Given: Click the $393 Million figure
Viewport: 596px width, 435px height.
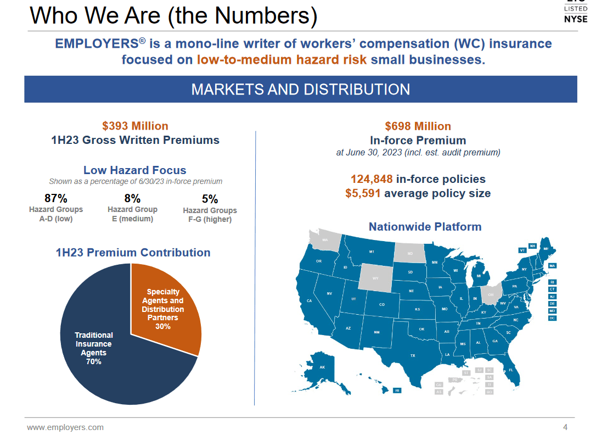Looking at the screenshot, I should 135,126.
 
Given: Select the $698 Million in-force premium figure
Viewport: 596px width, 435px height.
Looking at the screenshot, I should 418,126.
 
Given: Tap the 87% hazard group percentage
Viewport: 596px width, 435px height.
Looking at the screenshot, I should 55,198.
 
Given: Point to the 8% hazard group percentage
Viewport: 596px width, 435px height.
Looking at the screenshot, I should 132,198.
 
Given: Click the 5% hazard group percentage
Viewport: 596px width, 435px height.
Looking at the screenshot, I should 210,199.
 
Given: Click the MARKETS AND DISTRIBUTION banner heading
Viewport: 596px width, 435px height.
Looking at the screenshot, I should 300,90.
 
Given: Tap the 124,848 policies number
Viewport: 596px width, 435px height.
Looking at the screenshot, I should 372,179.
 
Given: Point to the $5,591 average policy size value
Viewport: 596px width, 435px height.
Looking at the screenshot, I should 363,193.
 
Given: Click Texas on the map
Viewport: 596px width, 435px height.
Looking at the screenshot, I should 413,354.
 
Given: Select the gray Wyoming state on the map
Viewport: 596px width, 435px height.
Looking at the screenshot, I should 375,277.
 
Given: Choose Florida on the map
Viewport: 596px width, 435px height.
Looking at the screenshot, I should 510,370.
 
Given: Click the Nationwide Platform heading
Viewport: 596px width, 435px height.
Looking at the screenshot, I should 425,227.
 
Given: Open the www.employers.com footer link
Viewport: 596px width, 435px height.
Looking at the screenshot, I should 65,427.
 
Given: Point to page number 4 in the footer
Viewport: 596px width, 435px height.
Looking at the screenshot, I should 565,427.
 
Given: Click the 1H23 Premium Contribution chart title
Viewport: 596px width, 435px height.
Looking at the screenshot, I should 133,253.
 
